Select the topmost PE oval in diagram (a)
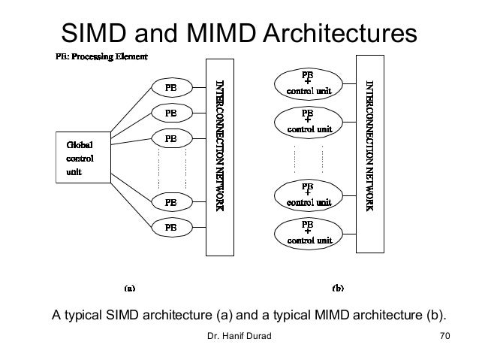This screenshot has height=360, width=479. point(171,86)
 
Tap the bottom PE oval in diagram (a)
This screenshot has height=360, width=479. point(171,226)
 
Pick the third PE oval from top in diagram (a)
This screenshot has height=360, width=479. point(171,138)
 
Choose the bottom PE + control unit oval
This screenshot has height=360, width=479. point(308,233)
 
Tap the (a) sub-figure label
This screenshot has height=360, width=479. point(128,287)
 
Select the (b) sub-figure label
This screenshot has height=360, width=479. point(338,287)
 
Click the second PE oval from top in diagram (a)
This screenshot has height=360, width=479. point(171,113)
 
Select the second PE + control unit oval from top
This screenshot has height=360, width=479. point(308,121)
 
